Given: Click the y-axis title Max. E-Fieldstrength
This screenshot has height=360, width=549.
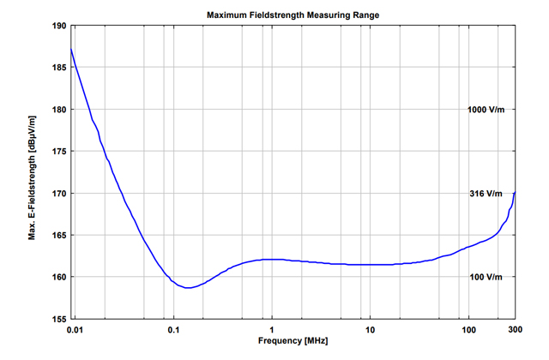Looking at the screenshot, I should pos(32,171).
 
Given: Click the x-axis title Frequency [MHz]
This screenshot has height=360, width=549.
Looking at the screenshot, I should pos(293,342).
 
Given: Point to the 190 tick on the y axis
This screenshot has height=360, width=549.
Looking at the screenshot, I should pos(59,26).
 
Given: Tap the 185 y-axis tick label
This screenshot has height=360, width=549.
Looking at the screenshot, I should pos(59,68).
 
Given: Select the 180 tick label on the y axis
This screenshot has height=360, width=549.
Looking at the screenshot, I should pos(59,110).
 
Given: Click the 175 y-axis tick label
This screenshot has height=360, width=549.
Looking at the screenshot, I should pos(59,152).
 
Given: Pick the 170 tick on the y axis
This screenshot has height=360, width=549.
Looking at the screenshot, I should pos(59,194).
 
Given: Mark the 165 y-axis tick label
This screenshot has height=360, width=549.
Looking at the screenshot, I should pos(59,235).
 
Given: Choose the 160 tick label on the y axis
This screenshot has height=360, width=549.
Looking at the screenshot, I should pos(59,277).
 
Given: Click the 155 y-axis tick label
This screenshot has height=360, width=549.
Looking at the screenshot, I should pos(59,319).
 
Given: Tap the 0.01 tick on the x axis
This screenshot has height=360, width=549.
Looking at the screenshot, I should pos(76,330).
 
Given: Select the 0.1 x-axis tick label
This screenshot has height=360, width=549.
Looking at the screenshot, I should pos(173,330).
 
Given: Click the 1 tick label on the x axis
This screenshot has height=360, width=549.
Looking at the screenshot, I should pos(272,330).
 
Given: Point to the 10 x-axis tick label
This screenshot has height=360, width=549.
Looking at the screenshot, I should pos(370,330).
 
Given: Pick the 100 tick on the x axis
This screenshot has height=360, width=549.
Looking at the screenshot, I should pos(468,330).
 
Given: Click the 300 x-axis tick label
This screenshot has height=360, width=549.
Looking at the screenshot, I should pos(515,330).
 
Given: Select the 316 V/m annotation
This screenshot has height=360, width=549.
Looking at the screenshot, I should pos(486,194).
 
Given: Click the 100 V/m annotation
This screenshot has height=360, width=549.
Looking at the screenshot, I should pos(486,277).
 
